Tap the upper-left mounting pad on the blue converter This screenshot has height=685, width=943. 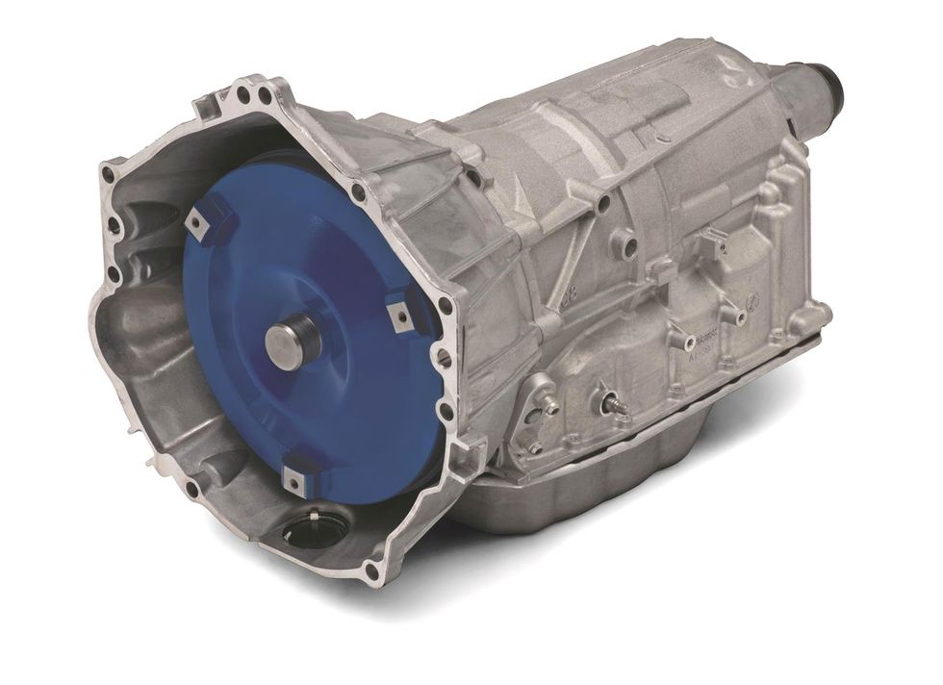pyautogui.click(x=198, y=224)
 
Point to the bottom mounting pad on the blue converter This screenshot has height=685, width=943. pyautogui.click(x=293, y=478)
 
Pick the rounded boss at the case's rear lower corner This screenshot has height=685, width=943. pyautogui.click(x=813, y=313)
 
